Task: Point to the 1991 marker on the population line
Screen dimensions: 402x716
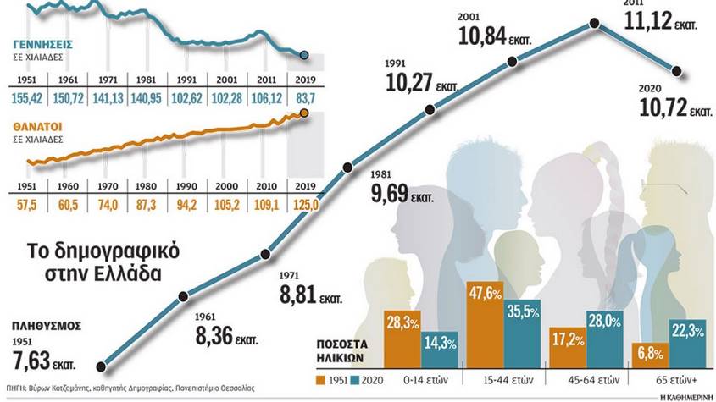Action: point(430,109)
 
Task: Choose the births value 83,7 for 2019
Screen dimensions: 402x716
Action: point(303,98)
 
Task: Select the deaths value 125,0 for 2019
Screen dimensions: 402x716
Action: point(303,205)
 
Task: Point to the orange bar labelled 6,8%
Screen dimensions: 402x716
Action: point(650,355)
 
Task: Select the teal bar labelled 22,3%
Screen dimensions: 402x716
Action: point(687,342)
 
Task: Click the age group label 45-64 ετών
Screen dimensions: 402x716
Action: point(603,377)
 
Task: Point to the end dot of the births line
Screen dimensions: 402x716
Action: point(305,56)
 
